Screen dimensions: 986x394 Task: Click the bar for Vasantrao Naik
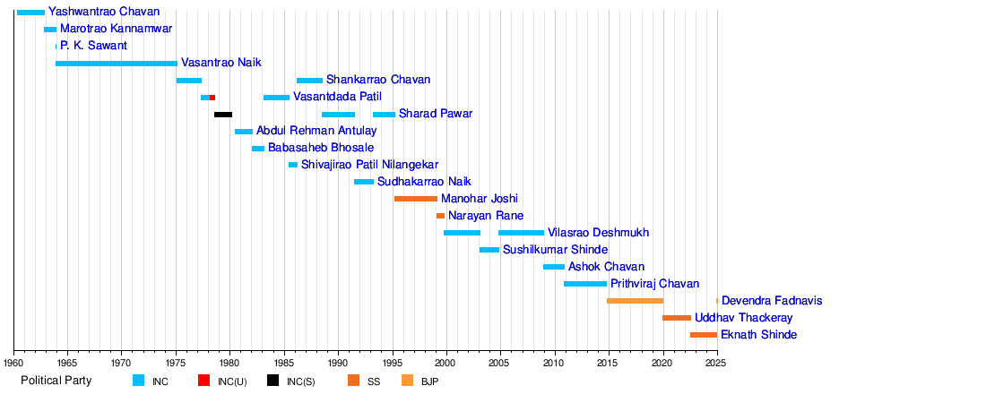click(x=117, y=64)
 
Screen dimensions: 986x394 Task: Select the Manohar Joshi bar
click(x=416, y=199)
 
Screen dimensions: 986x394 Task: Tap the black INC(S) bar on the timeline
click(x=223, y=115)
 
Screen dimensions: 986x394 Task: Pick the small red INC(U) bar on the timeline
click(x=212, y=98)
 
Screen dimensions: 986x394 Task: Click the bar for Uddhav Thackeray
click(x=677, y=318)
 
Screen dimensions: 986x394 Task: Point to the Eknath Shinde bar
click(x=704, y=335)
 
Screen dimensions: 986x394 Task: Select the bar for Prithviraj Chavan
click(x=585, y=284)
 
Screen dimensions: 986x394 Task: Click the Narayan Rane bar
click(x=440, y=216)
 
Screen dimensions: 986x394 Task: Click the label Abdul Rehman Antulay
click(x=316, y=132)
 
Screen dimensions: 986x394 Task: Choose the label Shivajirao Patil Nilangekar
click(x=369, y=166)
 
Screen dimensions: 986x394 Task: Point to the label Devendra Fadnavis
click(x=772, y=301)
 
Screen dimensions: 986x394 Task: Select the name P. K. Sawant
click(x=94, y=46)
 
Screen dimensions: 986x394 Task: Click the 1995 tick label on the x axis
click(x=393, y=364)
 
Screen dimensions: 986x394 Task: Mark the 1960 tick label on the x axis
click(x=13, y=364)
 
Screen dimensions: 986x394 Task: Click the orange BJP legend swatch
click(x=409, y=381)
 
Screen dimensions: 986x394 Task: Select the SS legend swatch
click(x=354, y=381)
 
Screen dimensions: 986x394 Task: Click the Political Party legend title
click(x=56, y=381)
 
